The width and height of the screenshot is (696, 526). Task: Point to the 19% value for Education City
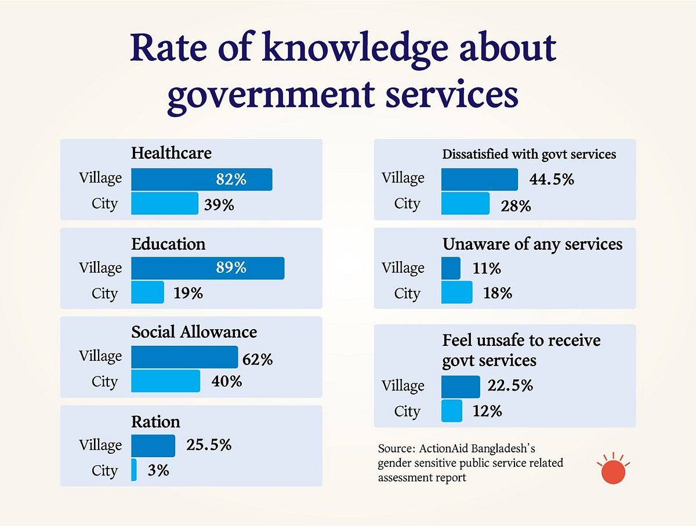[x=188, y=293]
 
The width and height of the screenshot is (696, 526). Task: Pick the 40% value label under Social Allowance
[x=227, y=382]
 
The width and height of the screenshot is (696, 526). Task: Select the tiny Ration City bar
[x=134, y=470]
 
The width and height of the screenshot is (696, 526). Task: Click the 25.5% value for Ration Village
[x=209, y=445]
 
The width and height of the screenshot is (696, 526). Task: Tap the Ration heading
[x=155, y=421]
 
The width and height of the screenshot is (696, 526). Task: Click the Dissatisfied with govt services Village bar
[x=479, y=180]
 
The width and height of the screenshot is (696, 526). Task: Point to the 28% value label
[x=516, y=205]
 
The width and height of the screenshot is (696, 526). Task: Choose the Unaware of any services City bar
[x=456, y=293]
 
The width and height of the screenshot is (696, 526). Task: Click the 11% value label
[x=487, y=269]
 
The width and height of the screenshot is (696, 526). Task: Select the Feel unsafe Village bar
[x=461, y=386]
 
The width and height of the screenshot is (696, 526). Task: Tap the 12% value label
[x=487, y=411]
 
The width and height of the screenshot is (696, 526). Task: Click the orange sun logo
[x=614, y=470]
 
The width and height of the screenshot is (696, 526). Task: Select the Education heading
[x=168, y=244]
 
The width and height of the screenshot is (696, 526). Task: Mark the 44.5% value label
[x=551, y=180]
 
